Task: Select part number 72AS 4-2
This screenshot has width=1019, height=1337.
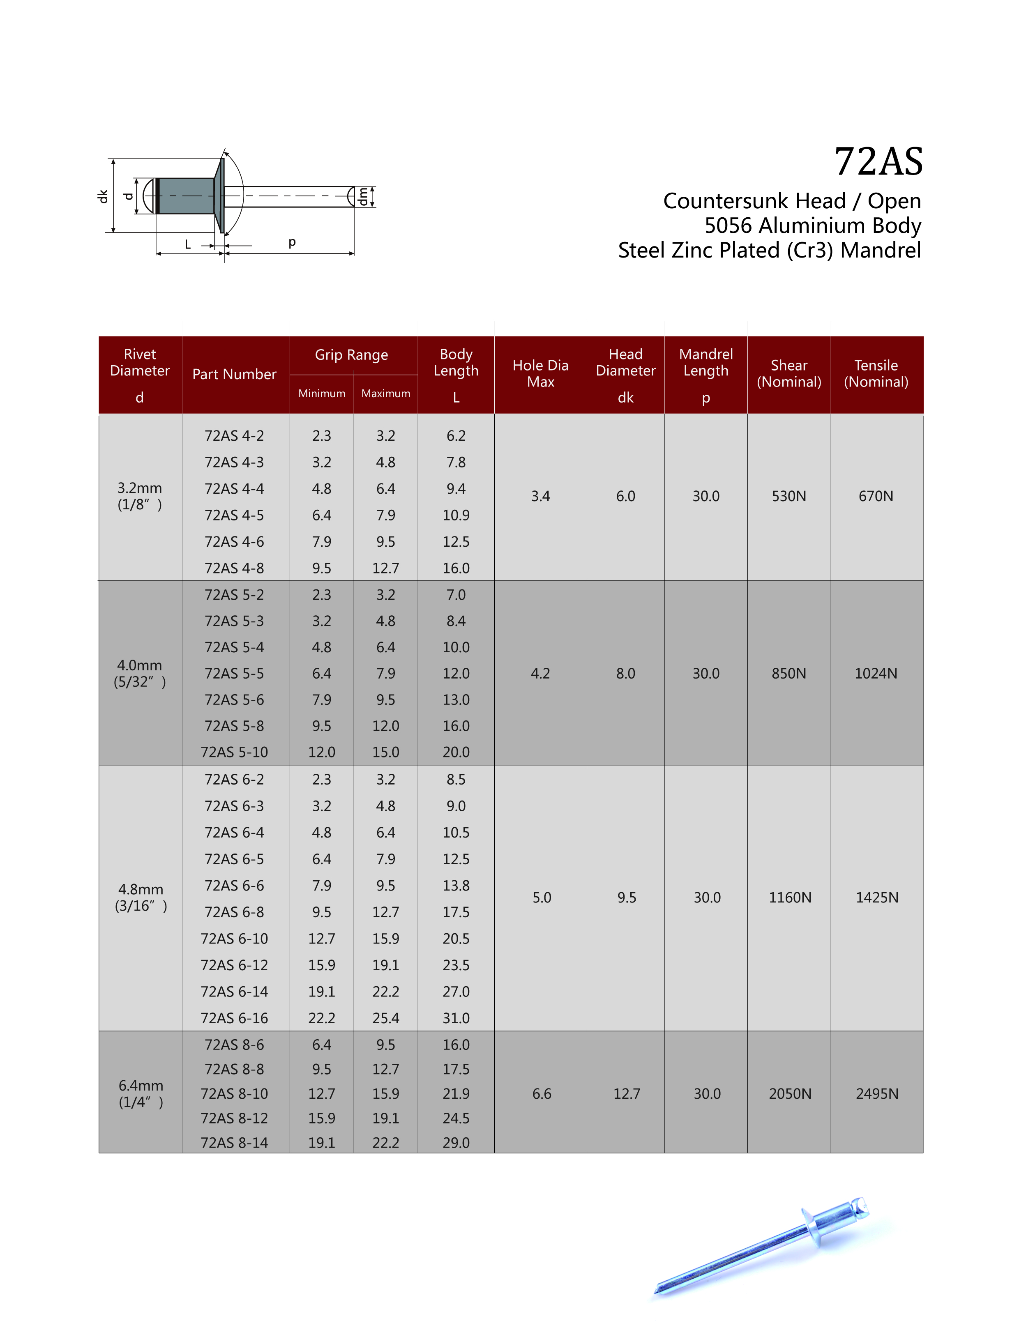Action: click(x=234, y=436)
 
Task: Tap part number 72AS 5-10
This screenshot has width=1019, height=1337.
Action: click(x=234, y=752)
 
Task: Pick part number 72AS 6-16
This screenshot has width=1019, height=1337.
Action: click(x=234, y=1018)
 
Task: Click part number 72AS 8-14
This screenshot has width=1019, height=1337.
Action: click(x=234, y=1142)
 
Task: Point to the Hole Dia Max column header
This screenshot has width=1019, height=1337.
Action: click(x=540, y=373)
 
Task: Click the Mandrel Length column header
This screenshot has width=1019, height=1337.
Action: click(x=705, y=363)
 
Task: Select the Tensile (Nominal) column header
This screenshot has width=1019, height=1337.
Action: click(x=876, y=373)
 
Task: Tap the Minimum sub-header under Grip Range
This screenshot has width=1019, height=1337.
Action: click(x=321, y=394)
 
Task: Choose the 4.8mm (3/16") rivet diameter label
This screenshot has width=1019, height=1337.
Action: click(x=141, y=897)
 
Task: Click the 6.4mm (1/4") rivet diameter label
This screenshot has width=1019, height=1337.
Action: click(x=141, y=1093)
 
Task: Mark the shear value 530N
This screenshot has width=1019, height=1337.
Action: click(x=788, y=496)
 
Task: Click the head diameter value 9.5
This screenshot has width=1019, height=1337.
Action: click(x=627, y=897)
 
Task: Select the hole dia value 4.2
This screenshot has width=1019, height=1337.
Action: click(x=540, y=673)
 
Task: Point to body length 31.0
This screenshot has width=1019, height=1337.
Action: click(x=456, y=1018)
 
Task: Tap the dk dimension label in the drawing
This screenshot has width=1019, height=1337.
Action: click(x=103, y=196)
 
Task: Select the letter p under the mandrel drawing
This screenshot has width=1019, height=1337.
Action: click(x=292, y=242)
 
